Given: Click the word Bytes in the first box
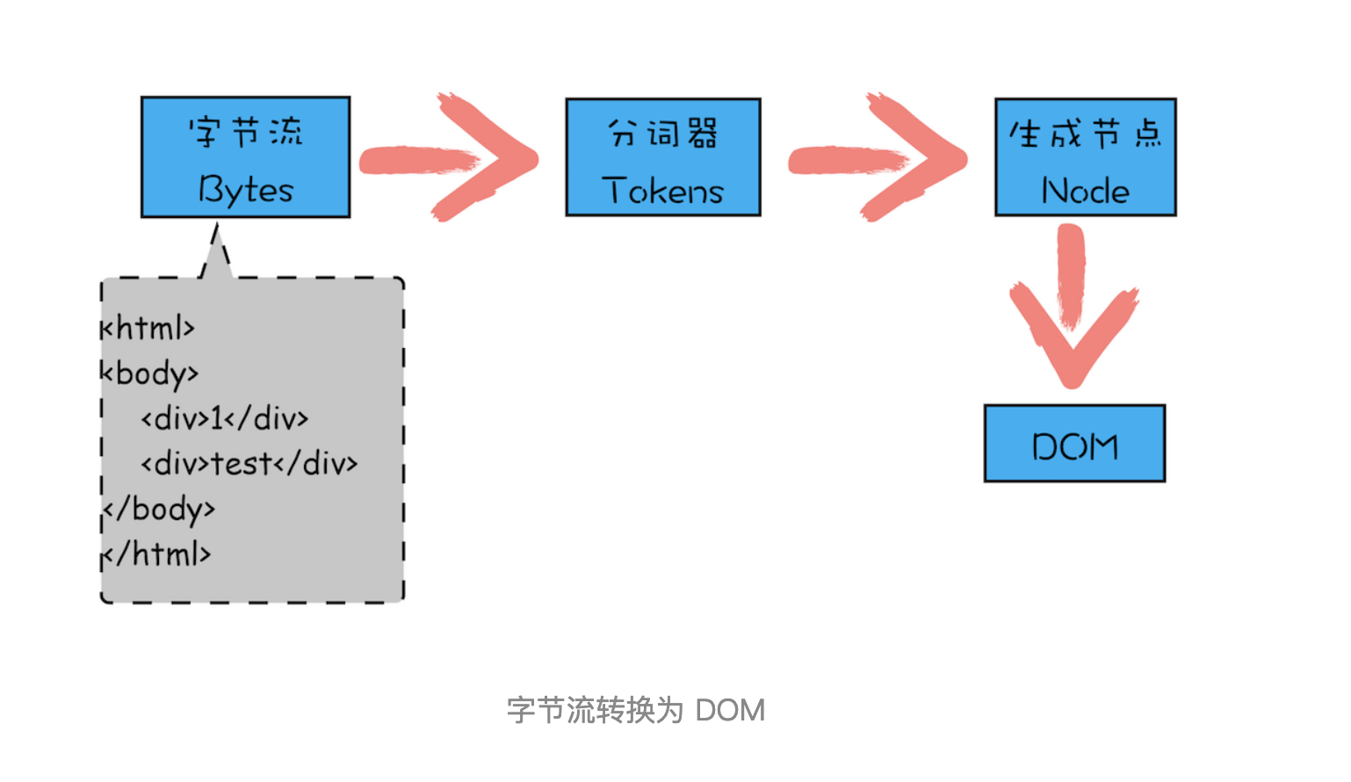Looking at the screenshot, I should click(x=246, y=190).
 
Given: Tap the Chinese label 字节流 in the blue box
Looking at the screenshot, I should click(x=246, y=133).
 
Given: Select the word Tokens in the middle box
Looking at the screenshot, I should click(x=663, y=191).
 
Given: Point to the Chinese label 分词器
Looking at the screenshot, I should click(x=663, y=134).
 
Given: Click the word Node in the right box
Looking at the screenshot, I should click(x=1086, y=191).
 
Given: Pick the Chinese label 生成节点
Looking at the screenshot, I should click(x=1086, y=134).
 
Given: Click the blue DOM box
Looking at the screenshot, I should click(x=1074, y=445).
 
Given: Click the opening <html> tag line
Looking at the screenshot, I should click(x=148, y=328).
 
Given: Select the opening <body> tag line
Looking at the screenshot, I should click(x=150, y=373).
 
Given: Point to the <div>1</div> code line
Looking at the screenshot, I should click(x=225, y=418).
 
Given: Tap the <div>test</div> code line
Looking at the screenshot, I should click(x=249, y=463).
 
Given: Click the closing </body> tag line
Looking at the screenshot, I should click(x=159, y=509).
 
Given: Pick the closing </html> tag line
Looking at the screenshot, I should click(x=157, y=554).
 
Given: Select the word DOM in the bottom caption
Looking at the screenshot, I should click(x=730, y=710).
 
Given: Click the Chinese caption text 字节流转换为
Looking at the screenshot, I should click(x=595, y=710).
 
